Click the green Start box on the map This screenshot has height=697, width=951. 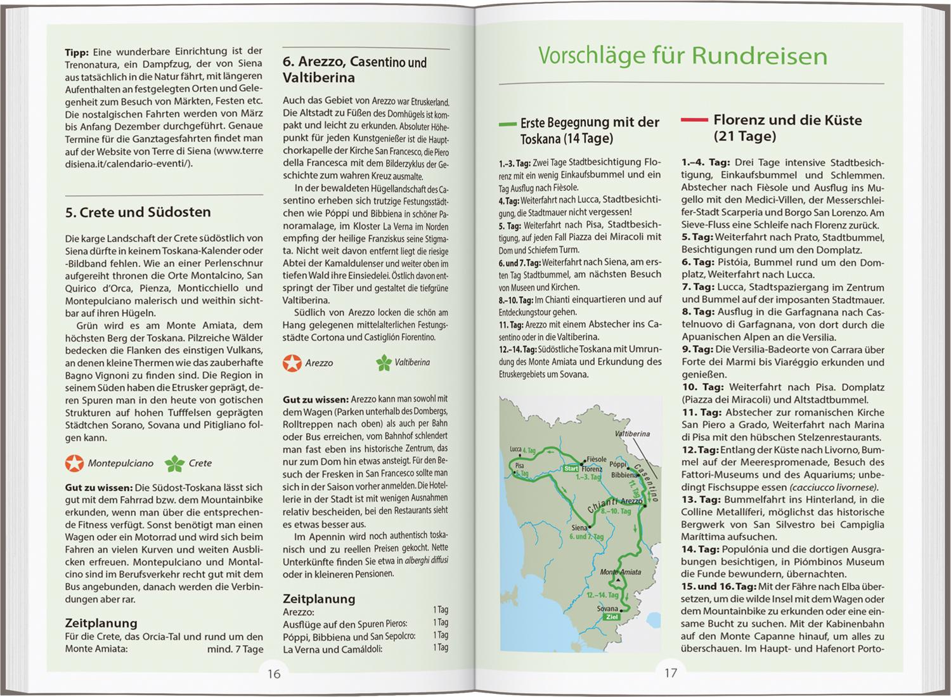click(571, 469)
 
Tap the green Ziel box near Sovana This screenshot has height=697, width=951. click(612, 616)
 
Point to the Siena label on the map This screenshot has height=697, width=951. click(579, 528)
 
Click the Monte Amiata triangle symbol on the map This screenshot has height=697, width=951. click(616, 580)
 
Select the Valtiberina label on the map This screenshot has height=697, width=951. click(632, 434)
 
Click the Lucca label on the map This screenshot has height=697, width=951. click(515, 450)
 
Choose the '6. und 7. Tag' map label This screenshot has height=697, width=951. click(586, 537)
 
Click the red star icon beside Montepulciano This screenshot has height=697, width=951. click(74, 464)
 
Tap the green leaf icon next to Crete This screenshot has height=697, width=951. click(174, 464)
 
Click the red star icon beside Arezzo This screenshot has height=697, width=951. click(292, 363)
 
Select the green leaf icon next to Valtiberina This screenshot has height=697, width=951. click(384, 363)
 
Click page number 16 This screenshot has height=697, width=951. click(273, 673)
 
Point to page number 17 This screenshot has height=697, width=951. click(671, 673)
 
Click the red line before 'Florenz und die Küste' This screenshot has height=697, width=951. click(694, 119)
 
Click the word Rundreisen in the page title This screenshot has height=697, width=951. click(759, 56)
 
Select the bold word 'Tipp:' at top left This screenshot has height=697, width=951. click(77, 52)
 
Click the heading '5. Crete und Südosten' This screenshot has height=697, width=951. click(138, 212)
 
